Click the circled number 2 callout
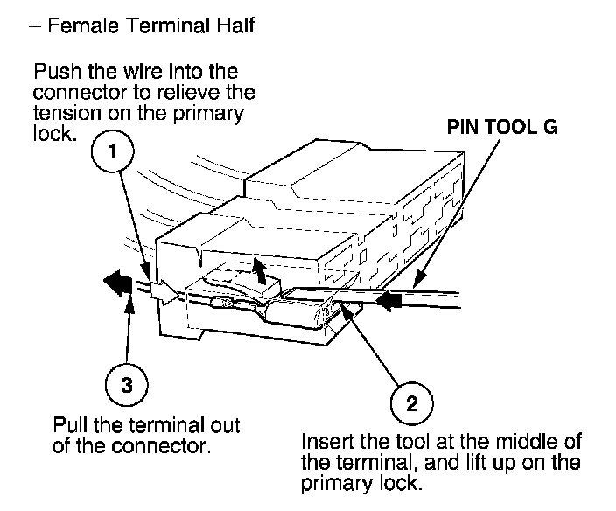coord(411,404)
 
